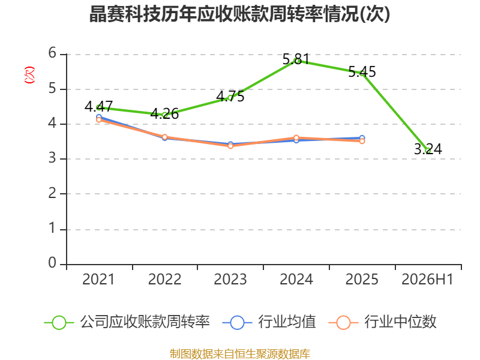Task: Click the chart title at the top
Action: (239, 14)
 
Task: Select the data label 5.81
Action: (296, 59)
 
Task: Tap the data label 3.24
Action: (428, 149)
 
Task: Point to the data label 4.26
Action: (164, 113)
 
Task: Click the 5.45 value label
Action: (362, 72)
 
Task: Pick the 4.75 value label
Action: (230, 97)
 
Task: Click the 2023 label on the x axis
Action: (230, 279)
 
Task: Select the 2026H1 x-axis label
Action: (427, 279)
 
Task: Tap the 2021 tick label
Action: (98, 279)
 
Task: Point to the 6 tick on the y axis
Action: (52, 53)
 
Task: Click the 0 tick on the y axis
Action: (52, 263)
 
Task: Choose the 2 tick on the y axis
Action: (52, 193)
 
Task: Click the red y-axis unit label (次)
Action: (29, 75)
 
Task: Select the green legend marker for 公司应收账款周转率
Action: (59, 323)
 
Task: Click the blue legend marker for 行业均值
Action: (237, 323)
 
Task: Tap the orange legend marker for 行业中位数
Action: (343, 323)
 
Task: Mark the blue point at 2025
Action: (362, 138)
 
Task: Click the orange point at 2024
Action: (296, 138)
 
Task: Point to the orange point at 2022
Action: (164, 137)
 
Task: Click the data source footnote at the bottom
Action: (239, 354)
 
